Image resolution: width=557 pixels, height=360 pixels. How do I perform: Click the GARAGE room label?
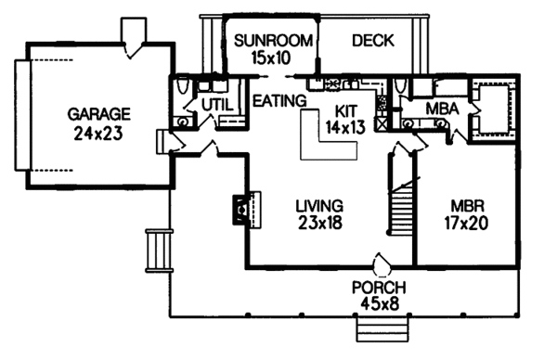tap(98, 114)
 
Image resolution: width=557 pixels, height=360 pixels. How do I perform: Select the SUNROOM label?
tap(266, 41)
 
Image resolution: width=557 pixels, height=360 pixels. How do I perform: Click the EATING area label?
tap(279, 99)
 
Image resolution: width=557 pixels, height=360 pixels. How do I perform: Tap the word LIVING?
tap(319, 205)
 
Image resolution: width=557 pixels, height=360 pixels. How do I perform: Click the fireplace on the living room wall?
tap(240, 211)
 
